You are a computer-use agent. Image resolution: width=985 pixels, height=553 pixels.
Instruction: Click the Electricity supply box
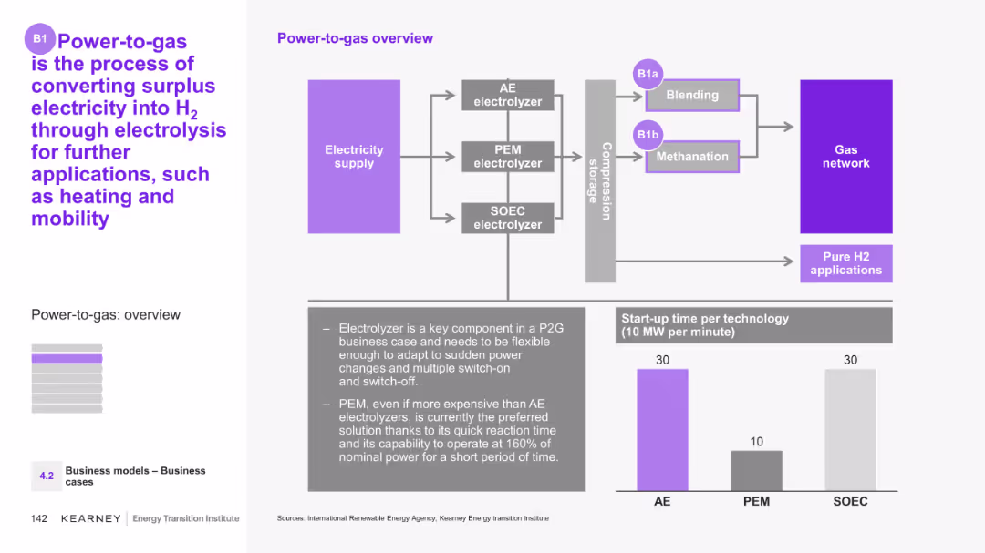(x=354, y=157)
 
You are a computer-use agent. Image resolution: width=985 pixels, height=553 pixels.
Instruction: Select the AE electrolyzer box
(x=507, y=95)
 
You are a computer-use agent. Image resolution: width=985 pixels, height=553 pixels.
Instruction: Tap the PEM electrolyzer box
(x=507, y=157)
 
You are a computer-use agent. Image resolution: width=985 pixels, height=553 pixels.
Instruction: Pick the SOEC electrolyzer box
(x=507, y=218)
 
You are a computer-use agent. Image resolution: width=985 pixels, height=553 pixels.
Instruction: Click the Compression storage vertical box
(x=599, y=180)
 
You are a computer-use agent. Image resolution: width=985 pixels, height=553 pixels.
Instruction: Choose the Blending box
(x=692, y=95)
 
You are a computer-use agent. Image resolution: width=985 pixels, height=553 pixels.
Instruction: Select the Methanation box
(x=692, y=157)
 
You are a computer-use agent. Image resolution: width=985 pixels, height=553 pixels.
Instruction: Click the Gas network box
(x=845, y=157)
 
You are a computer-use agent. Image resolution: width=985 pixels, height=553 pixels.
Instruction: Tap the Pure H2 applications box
(x=845, y=263)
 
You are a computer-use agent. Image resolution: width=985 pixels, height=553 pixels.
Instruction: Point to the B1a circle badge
(x=648, y=74)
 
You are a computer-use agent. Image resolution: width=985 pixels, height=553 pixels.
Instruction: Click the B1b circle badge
(x=648, y=135)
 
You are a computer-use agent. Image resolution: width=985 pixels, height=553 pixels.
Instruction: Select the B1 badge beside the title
(x=40, y=38)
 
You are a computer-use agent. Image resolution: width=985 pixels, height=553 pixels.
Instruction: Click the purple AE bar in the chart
(x=662, y=430)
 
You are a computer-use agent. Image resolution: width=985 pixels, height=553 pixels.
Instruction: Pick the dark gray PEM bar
(x=756, y=470)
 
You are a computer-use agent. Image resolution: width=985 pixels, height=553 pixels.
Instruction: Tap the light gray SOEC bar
(x=850, y=430)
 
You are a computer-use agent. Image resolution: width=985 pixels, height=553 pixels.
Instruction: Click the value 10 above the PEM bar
(x=756, y=442)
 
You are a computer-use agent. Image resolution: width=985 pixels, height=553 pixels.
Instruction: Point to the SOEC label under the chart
(x=850, y=501)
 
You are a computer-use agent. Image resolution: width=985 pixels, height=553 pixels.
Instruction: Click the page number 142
(x=39, y=518)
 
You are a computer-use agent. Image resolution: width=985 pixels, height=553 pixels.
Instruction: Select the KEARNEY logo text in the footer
(x=90, y=518)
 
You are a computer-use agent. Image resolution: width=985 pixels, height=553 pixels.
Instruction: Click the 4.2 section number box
(x=47, y=476)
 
